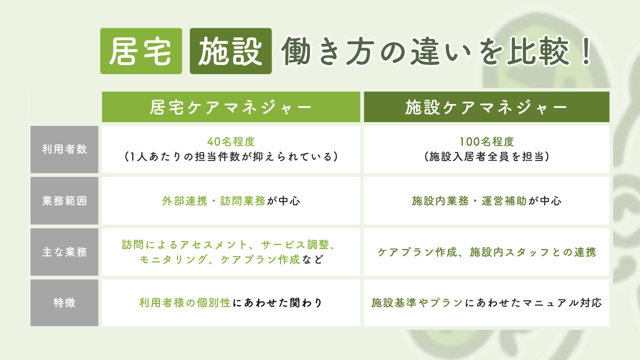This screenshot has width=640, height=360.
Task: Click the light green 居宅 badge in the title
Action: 141,51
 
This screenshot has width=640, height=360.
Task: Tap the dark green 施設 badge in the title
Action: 230,51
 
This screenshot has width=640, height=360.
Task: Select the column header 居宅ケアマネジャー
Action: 231,107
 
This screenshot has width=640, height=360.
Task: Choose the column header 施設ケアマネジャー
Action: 486,107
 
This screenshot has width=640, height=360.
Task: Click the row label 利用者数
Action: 64,149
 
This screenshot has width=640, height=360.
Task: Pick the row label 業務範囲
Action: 64,201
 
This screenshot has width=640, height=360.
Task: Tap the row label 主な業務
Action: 64,252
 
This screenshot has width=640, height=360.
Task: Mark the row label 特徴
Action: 64,303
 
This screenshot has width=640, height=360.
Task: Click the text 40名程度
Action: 231,142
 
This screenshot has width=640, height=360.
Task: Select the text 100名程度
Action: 486,142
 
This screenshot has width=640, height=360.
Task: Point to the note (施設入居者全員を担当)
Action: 486,157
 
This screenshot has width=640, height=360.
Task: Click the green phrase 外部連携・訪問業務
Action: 213,201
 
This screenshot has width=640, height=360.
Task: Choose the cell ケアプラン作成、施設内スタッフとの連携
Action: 486,252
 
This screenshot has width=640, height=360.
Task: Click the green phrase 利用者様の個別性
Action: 185,303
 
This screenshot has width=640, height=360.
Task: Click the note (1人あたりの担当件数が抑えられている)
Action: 231,157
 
